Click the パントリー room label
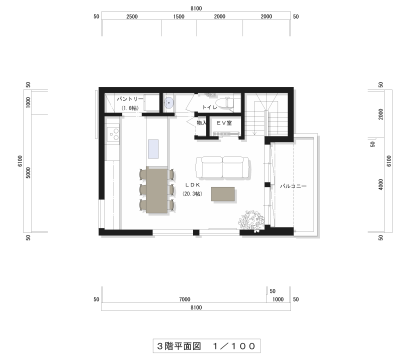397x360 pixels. pos(129,99)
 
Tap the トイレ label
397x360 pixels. pos(209,107)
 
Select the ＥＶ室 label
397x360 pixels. pos(224,123)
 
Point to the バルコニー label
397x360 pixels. pos(293,186)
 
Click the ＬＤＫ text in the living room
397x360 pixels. pos(192,185)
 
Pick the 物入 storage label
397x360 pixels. pos(201,123)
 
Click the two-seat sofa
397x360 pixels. pos(222,167)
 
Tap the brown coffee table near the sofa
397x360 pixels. pos(223,194)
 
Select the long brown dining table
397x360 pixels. pos(156,189)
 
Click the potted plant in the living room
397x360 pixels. pos(251,220)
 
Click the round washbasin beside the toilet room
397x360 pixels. pos(168,103)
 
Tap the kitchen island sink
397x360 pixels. pos(153,149)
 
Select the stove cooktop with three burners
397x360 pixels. pos(113,134)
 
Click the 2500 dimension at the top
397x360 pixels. pos(132,16)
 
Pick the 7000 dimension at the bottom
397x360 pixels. pos(184,299)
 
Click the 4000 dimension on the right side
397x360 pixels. pos(381,184)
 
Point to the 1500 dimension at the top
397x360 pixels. pos(179,16)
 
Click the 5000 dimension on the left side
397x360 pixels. pos(28,172)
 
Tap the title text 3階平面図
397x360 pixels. pos(179,346)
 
